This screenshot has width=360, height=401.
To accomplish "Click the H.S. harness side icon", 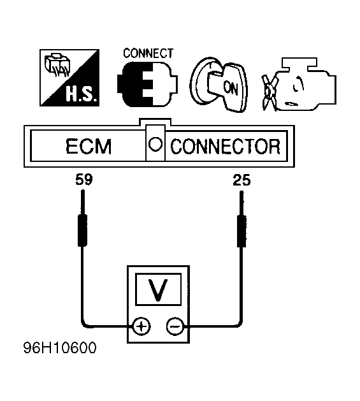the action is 69,78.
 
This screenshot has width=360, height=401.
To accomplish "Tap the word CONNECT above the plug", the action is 148,53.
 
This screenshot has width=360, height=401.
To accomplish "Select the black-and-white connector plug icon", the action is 147,84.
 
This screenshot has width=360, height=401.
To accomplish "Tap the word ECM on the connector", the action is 89,146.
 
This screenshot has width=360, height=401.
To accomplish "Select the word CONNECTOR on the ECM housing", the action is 226,147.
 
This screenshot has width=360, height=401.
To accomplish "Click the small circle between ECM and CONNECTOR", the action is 155,145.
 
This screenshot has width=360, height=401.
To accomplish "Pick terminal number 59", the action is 84,180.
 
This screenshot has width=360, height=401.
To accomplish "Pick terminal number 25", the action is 241,180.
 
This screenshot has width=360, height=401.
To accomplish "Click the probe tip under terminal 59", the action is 83,191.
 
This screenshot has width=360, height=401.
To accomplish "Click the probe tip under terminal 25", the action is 241,192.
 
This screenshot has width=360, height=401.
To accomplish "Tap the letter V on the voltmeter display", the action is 158,289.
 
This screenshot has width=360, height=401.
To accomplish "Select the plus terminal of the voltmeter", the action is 141,326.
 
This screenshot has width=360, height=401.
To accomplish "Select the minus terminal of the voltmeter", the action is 175,326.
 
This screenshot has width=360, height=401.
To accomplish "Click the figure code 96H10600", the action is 60,348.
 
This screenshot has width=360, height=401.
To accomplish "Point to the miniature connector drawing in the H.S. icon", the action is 57,65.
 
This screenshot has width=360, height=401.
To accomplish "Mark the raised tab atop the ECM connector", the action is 155,122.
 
